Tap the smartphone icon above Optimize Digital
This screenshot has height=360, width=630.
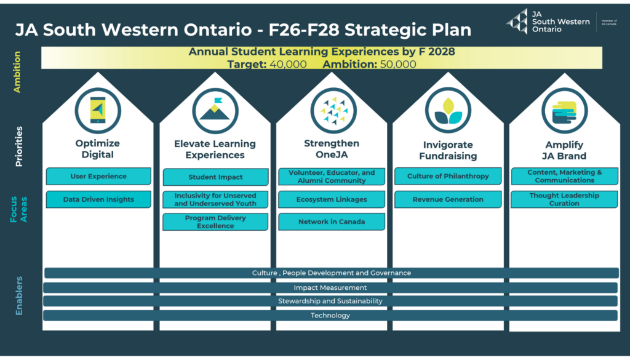98,111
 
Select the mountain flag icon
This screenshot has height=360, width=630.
215,111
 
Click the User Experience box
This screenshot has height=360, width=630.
98,176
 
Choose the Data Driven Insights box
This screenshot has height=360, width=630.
98,199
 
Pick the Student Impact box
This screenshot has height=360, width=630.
215,177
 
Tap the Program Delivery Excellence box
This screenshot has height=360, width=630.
215,222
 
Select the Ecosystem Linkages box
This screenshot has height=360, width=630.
332,199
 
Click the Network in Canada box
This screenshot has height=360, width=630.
332,222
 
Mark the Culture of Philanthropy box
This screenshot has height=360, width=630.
448,176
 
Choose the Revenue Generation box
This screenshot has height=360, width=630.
448,199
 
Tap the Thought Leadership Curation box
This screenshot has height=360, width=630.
564,199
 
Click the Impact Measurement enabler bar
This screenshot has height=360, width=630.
330,287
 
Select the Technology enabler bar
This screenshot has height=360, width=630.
330,316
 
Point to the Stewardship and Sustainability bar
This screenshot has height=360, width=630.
330,301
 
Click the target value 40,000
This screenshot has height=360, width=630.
288,64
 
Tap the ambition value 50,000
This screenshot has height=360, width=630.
398,64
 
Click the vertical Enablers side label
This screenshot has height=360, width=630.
19,296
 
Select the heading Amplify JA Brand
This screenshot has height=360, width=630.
564,150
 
